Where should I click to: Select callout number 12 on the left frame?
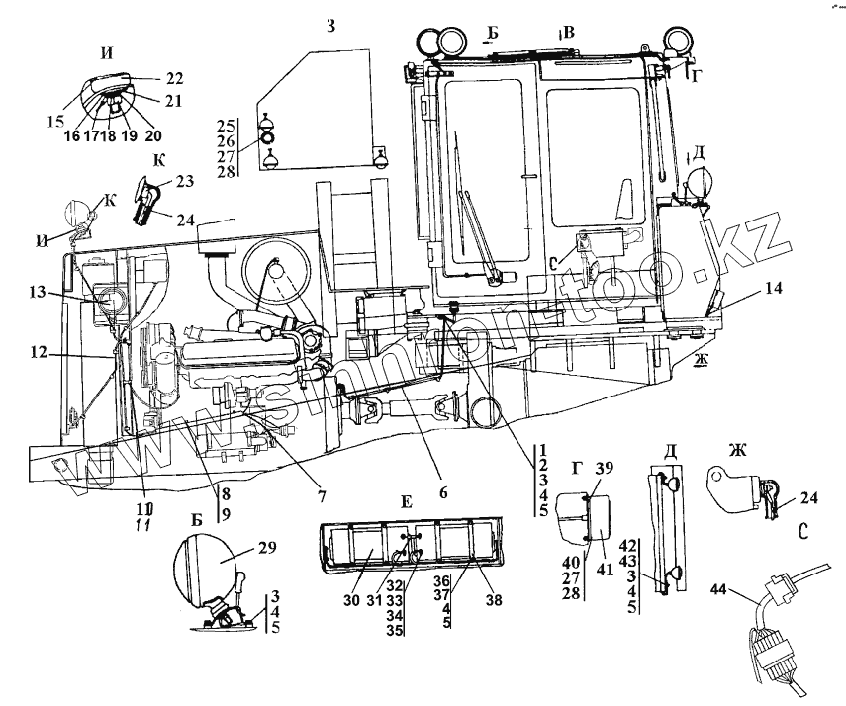tap(39, 351)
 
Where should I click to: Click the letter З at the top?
tap(331, 26)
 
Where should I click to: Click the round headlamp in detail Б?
tap(204, 572)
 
